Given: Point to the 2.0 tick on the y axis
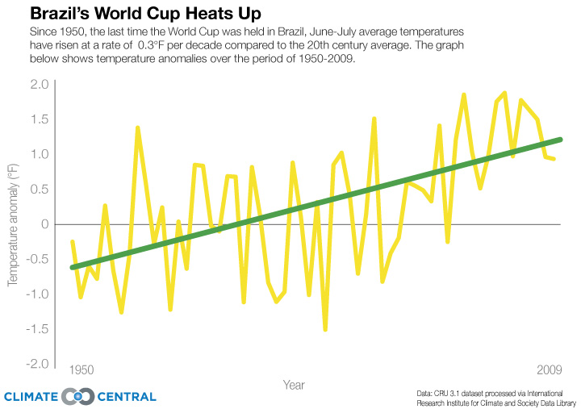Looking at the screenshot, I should (x=40, y=85).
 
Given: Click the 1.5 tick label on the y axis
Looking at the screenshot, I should (x=40, y=119).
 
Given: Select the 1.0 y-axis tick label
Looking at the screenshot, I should (x=40, y=154).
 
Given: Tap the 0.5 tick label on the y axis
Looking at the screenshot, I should (x=40, y=189).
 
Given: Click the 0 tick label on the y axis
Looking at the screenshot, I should (x=45, y=224).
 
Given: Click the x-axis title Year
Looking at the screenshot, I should (x=293, y=386).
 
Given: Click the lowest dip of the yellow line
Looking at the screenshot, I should (x=325, y=329).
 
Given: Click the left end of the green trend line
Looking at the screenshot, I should (x=73, y=267).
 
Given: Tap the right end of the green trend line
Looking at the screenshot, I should (x=560, y=140).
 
